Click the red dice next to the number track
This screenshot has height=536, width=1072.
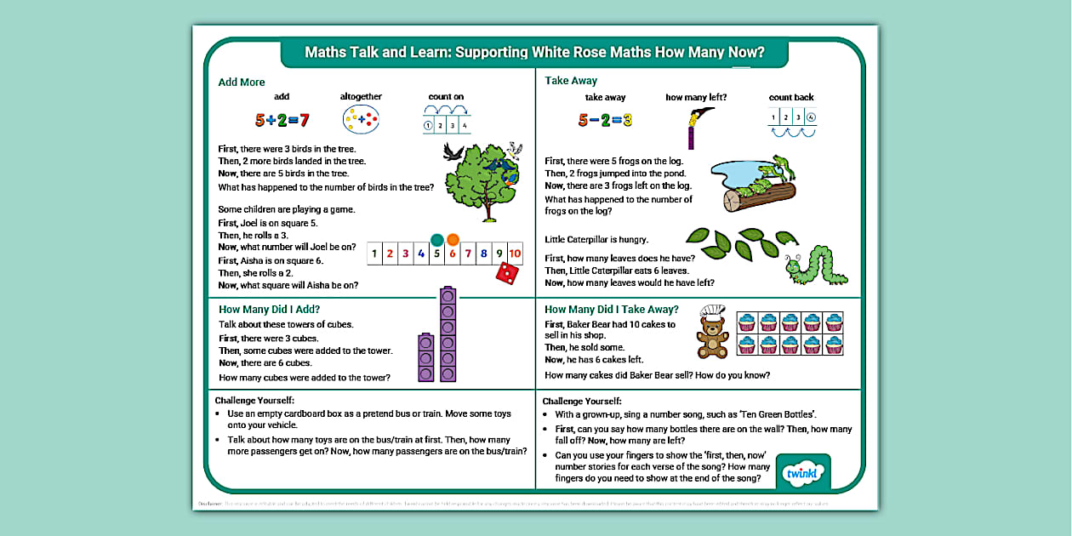tap(507, 273)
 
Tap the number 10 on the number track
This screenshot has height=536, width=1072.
tap(515, 254)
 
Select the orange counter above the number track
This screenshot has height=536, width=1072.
tap(453, 240)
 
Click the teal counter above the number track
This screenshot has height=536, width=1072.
tap(437, 240)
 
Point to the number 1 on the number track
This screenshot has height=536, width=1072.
tap(374, 254)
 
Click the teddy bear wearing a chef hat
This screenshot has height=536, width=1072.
tap(712, 333)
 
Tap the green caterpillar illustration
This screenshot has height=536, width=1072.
tap(815, 265)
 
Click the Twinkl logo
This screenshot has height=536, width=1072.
tap(803, 473)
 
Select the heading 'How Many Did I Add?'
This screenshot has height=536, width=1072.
tap(269, 310)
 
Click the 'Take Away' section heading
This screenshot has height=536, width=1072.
tap(571, 81)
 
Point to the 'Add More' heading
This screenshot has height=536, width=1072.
tap(242, 83)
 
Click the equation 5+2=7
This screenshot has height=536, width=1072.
tap(282, 120)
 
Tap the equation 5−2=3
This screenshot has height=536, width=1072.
tap(605, 120)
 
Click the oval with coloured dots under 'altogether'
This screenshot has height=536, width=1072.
tap(361, 121)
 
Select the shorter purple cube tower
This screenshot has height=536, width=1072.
tap(426, 358)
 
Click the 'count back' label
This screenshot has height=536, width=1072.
tap(791, 98)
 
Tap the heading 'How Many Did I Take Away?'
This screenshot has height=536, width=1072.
tap(612, 310)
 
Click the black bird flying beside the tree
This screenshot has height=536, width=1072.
tap(454, 152)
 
